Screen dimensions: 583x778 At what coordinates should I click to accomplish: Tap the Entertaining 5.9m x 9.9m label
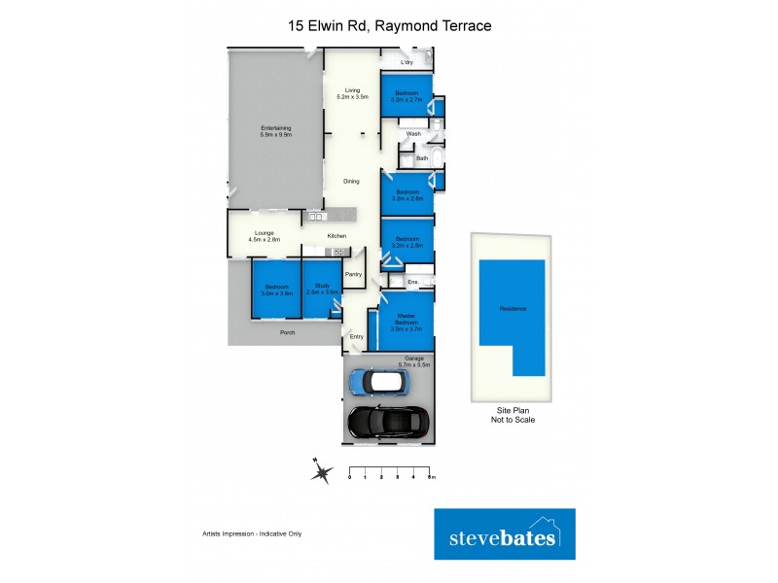[275, 131]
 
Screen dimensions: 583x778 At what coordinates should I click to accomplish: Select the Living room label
[352, 94]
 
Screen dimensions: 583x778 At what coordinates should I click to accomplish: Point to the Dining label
[351, 181]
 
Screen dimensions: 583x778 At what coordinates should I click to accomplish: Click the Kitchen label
[336, 236]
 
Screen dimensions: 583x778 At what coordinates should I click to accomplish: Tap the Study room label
[322, 289]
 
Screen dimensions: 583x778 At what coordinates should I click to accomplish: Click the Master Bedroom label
[407, 320]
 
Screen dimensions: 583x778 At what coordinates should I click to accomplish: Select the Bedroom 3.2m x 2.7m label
[407, 96]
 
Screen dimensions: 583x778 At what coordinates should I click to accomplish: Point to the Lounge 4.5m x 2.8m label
[264, 236]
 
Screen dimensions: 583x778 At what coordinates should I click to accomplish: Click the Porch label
[287, 333]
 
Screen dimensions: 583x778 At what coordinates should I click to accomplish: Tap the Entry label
[357, 336]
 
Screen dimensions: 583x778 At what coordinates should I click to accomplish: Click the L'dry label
[407, 62]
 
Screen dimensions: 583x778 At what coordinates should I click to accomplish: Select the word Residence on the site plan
[513, 309]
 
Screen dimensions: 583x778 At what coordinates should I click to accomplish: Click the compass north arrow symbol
[320, 473]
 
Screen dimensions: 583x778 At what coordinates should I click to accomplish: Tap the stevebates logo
[504, 534]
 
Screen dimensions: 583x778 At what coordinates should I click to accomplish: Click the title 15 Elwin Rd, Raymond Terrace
[389, 25]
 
